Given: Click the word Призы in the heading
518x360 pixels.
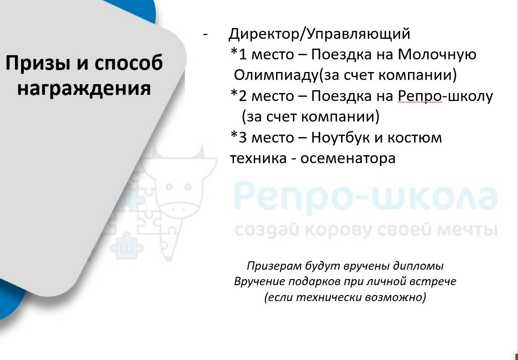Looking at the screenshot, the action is point(39,64).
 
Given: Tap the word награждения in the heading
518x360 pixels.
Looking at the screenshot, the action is point(84,88).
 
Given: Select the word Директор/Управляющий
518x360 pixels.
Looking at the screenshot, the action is point(319,34).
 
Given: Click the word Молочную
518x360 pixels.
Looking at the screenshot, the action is point(437,54).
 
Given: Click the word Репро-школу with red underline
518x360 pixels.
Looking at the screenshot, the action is point(445,96).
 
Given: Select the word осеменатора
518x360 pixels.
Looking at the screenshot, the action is point(348,158).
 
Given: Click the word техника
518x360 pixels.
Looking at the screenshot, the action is point(258,158).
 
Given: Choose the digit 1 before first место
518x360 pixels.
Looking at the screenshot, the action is point(243,55).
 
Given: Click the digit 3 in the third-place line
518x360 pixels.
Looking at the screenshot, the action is point(243,138).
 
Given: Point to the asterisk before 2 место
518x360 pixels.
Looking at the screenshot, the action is point(234,93).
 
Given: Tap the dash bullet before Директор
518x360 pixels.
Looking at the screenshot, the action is point(205,35).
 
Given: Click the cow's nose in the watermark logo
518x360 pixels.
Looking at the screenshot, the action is point(178,209).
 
